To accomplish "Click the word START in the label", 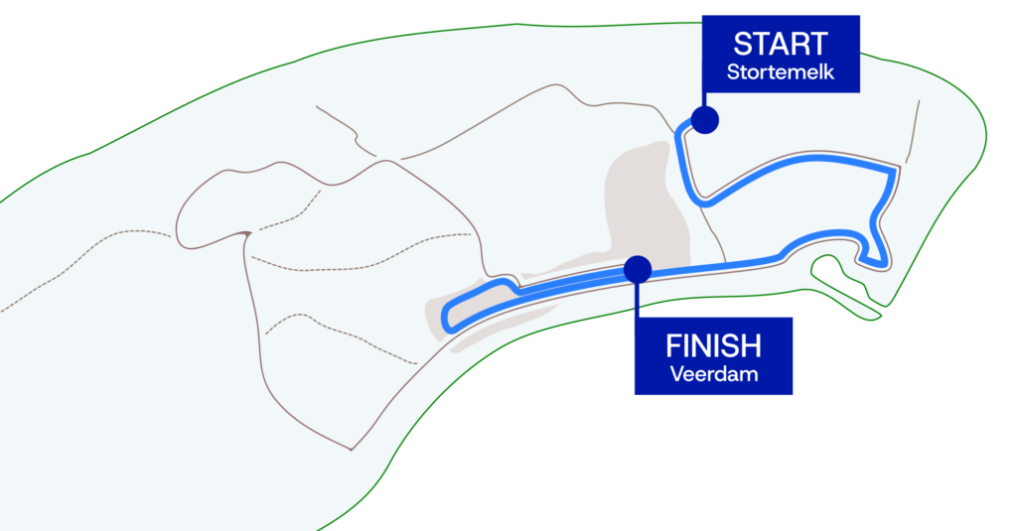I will pos(780,45).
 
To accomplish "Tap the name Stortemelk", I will pos(780,72).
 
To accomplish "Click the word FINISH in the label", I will pos(713,346).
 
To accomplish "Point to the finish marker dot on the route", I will pos(638,268).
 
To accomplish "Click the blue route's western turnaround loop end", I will pos(449,316).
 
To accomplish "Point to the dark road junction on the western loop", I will pos(243,234).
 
